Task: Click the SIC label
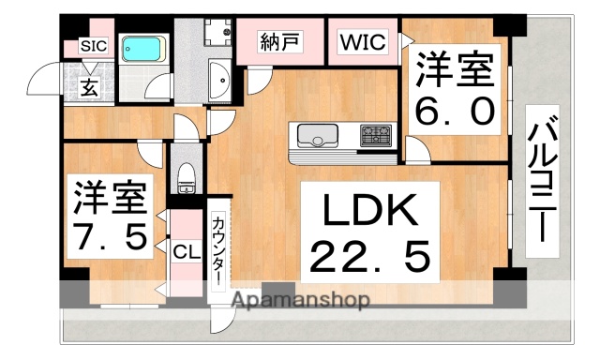point(93,45)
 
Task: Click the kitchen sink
point(316,138)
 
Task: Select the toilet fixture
point(186,177)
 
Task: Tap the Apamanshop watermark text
point(300,301)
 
